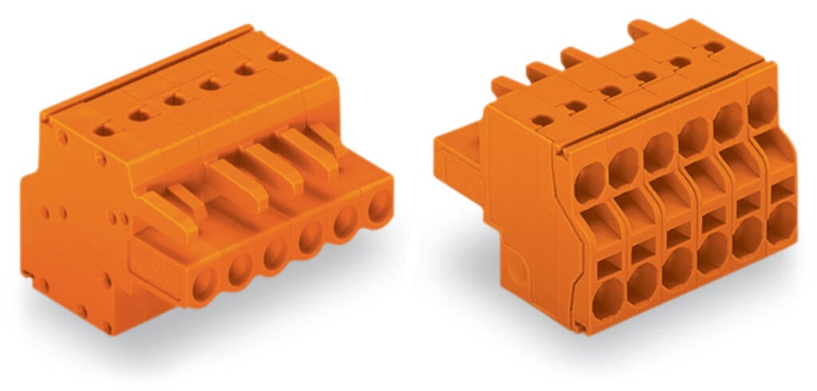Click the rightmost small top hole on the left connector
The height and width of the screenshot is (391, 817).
coord(278,55)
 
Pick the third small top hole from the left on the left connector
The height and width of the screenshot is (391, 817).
coord(172,99)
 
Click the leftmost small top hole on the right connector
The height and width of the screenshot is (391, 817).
coord(542,120)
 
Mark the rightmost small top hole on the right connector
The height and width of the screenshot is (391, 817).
coord(714,47)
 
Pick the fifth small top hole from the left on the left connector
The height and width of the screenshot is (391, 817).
coord(244,69)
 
